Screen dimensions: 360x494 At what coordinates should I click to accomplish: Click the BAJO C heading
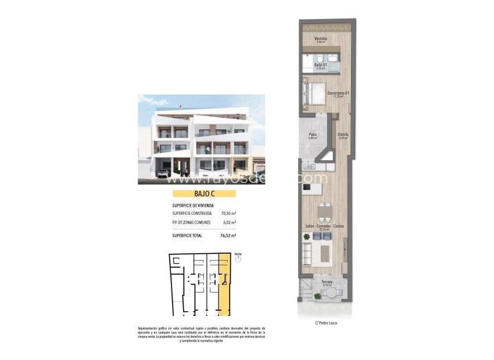tap(201, 195)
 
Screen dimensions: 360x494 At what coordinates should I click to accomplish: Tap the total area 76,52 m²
tap(228, 236)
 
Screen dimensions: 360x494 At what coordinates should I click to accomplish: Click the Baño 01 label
tap(320, 65)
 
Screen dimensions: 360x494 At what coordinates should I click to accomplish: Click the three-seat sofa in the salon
tap(306, 253)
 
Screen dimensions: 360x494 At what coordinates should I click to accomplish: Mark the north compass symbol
tap(237, 259)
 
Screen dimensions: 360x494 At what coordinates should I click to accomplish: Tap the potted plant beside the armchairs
tap(306, 237)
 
